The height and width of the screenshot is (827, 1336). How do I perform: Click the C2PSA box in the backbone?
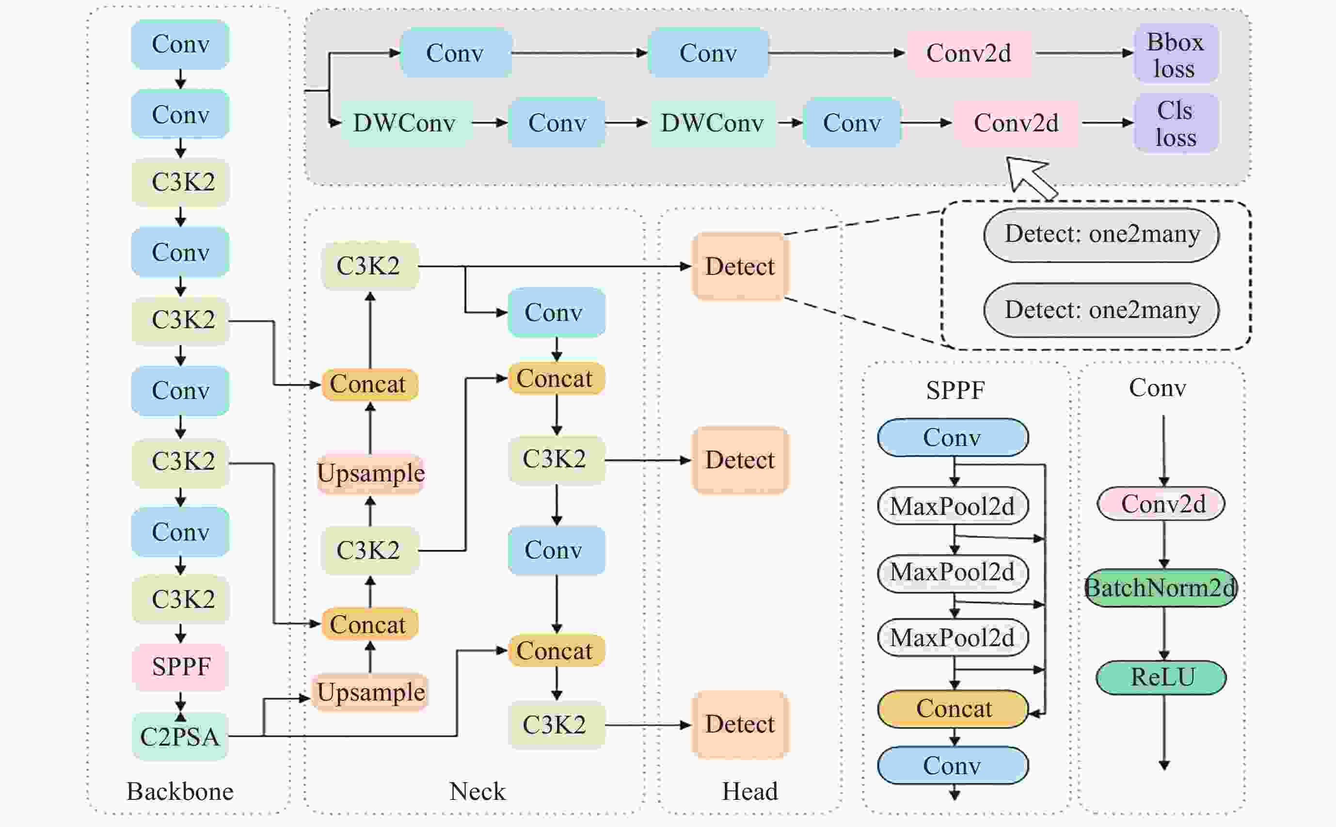[x=180, y=736]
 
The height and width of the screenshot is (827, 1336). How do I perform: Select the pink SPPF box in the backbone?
[x=180, y=667]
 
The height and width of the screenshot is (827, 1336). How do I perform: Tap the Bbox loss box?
[x=1176, y=54]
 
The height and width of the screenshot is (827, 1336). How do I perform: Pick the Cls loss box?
[x=1176, y=123]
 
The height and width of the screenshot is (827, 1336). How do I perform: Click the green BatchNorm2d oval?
[x=1161, y=588]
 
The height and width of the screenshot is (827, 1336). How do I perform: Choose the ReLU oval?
[x=1161, y=677]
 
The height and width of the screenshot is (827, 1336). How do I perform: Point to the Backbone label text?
[x=180, y=792]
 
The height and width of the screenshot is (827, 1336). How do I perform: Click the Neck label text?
[x=477, y=792]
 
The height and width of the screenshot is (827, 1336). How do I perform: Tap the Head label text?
[x=750, y=792]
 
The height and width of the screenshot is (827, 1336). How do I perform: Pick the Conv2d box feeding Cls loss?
[x=1016, y=123]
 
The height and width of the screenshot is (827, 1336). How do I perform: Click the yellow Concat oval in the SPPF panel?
[x=953, y=709]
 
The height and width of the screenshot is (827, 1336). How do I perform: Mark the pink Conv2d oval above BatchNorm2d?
[x=1161, y=504]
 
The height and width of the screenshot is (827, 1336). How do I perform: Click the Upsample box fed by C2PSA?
[x=370, y=692]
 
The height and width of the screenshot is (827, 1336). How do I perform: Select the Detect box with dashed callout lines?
[x=740, y=266]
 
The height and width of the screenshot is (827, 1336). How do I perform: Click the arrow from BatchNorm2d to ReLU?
[x=1164, y=634]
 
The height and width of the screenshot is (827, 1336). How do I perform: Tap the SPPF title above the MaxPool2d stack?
[x=955, y=390]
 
